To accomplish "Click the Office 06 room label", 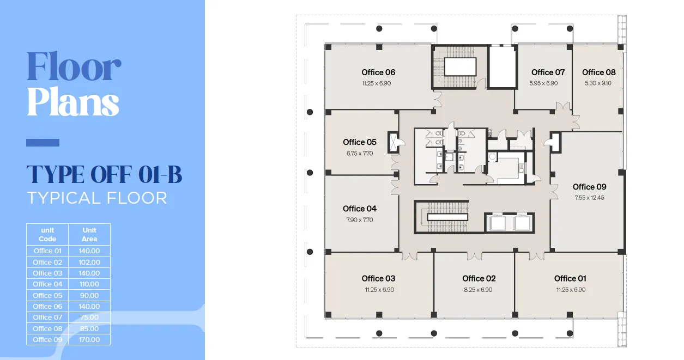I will coord(378,72).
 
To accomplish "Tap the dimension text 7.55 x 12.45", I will coord(589,198).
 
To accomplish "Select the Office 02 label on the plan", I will coord(479,279).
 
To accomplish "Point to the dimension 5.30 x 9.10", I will coord(598,83).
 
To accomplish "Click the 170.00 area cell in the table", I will coord(89,339).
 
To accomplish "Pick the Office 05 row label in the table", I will coord(47,295).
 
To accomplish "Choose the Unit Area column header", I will coord(89,234).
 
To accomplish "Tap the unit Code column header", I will coord(47,234).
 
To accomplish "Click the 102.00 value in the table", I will coord(89,262).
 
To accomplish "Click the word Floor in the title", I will coord(74,66).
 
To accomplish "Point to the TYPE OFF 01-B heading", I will coord(104,175).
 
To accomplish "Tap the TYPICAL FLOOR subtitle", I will coord(97,198).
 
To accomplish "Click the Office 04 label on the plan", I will coord(359,209).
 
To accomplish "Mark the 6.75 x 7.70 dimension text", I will coord(359,154).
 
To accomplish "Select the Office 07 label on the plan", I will coord(548,72).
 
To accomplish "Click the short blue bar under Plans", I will coord(43,143).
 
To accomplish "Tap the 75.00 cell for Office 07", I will coord(89,317).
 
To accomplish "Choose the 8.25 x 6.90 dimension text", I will coord(478,290).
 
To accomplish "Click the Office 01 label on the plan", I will coord(571,279).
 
